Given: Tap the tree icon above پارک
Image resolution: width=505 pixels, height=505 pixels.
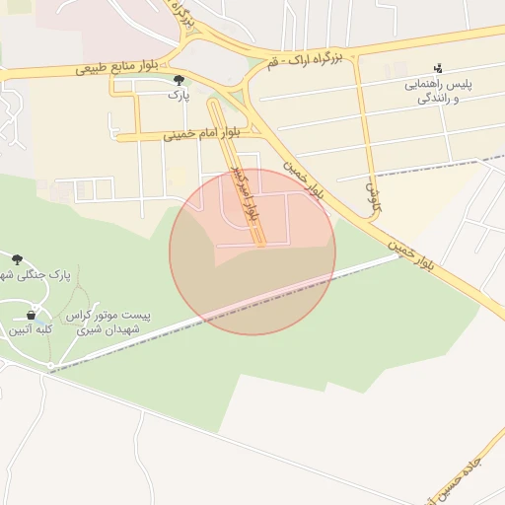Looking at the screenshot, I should click(179, 81).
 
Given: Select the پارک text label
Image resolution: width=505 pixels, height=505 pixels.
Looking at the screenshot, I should click(178, 97).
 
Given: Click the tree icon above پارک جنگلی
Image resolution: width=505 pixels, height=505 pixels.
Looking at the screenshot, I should click(18, 259).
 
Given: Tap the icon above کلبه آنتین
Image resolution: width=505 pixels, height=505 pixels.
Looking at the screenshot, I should click(31, 315).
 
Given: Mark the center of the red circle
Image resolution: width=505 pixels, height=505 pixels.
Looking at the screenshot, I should click(252, 252).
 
